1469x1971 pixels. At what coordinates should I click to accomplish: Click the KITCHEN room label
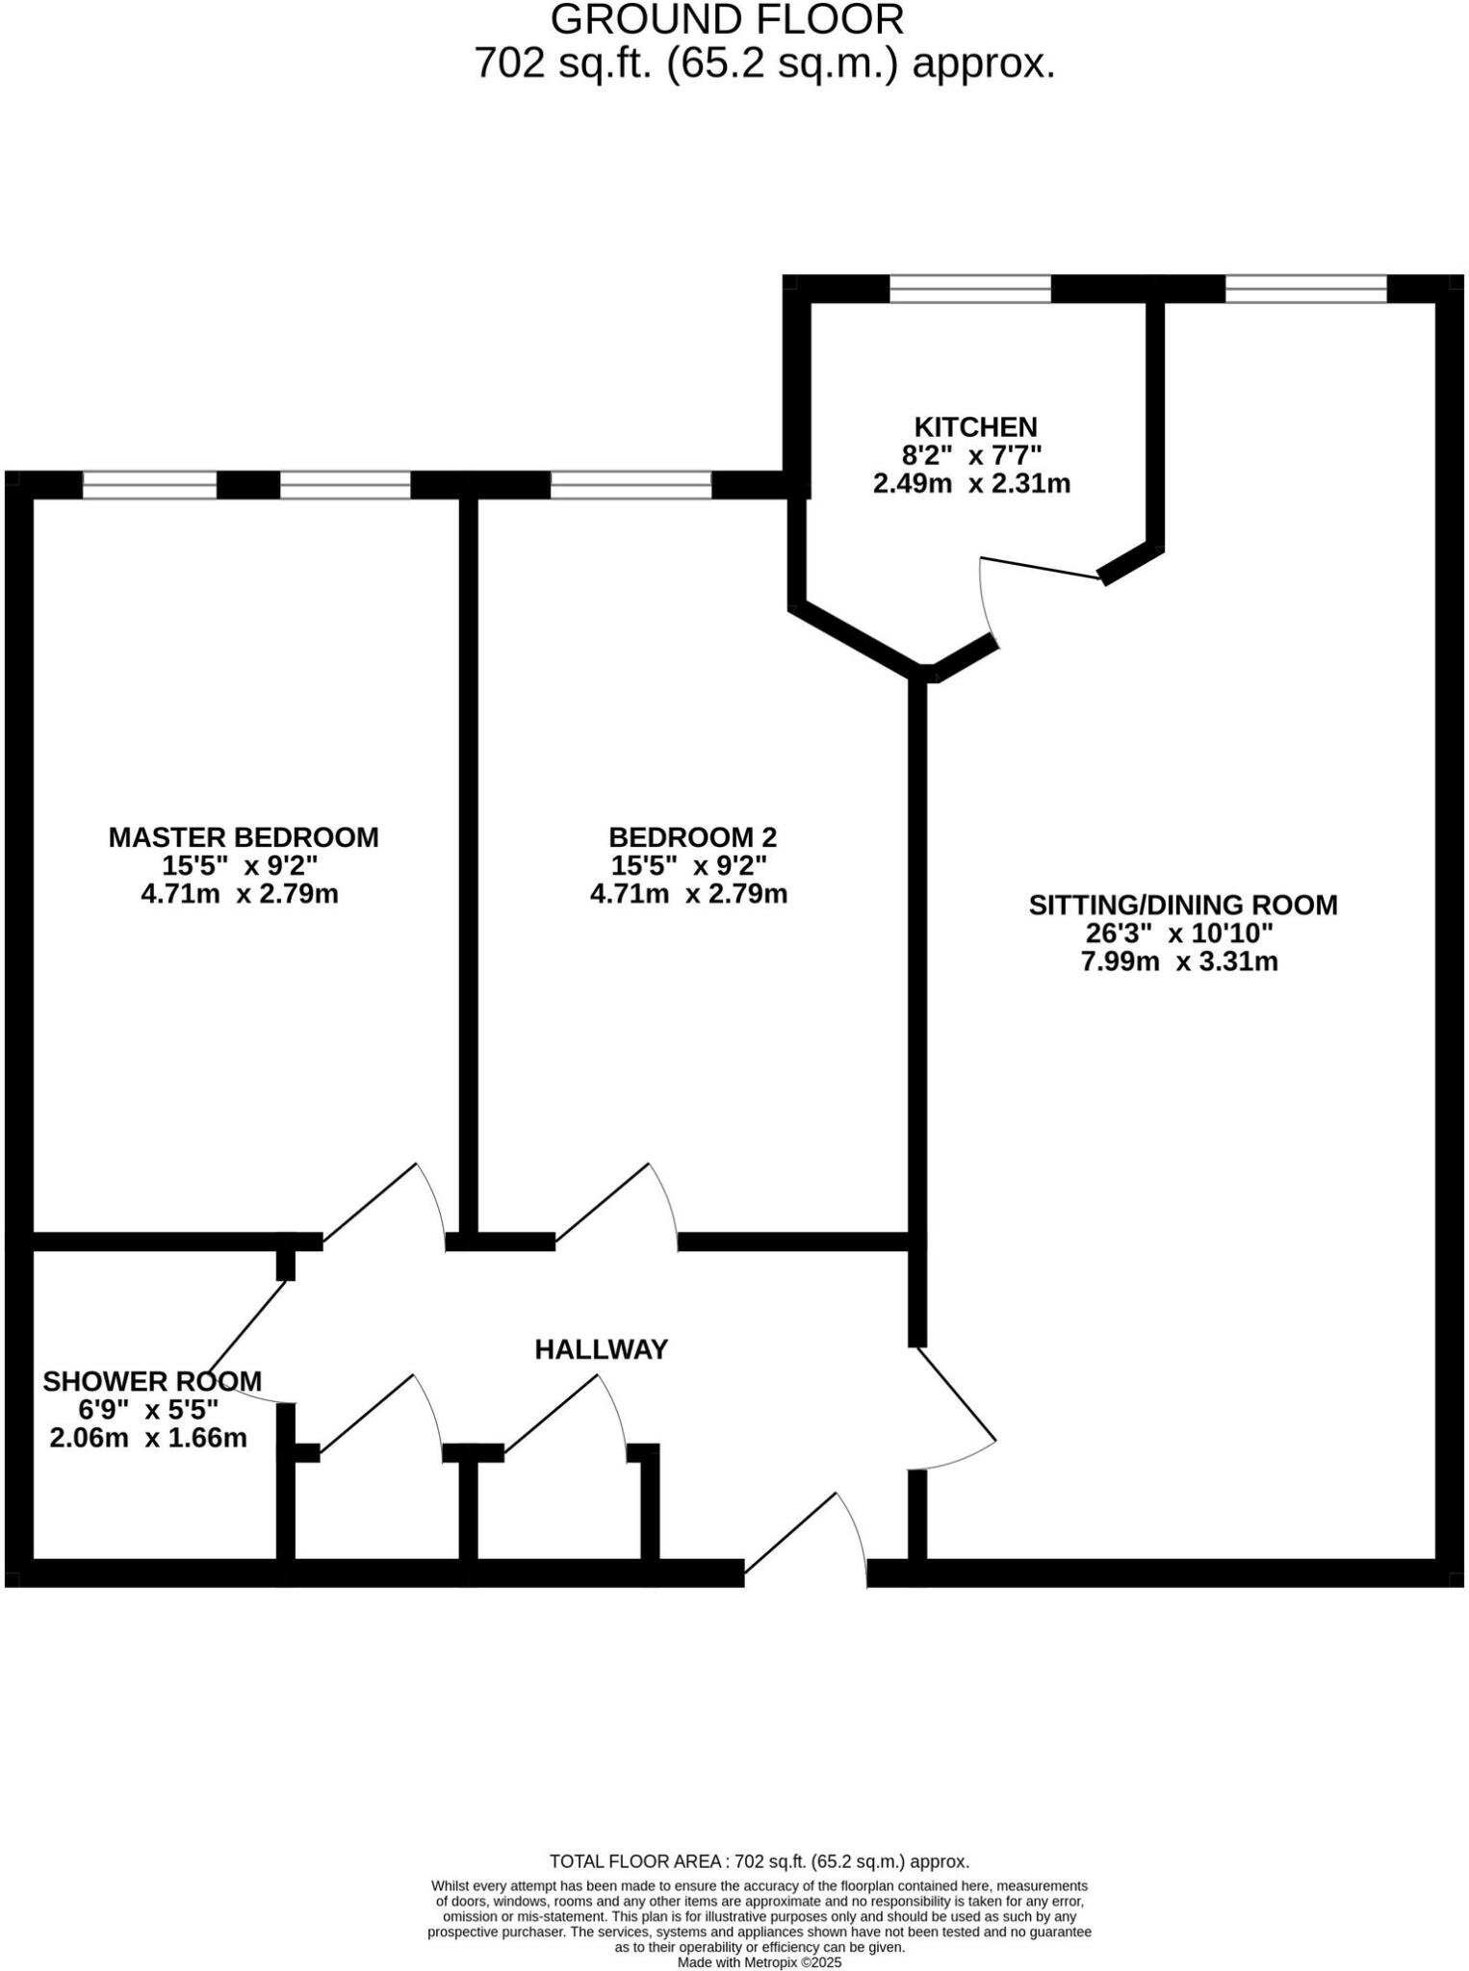coord(974,426)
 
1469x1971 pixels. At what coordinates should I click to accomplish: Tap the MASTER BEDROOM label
coord(243,837)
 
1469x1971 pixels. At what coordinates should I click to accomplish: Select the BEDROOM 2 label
coord(692,837)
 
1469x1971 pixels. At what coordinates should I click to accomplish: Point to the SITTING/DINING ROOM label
coord(1182,905)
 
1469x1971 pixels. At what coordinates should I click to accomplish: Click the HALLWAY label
coord(601,1349)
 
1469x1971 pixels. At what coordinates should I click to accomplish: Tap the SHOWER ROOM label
coord(152,1381)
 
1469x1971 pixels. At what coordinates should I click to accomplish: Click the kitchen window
coord(969,289)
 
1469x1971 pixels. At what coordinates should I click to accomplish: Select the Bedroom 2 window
coord(631,485)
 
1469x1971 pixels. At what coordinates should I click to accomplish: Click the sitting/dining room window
coord(1305,289)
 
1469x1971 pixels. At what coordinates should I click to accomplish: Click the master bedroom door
coord(370,1202)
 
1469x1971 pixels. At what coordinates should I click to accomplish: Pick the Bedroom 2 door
coord(603,1202)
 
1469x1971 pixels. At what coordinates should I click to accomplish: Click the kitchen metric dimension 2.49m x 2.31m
coord(971,483)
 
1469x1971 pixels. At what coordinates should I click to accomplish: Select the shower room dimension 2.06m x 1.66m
coord(148,1438)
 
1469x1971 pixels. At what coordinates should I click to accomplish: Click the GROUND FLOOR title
coord(727,19)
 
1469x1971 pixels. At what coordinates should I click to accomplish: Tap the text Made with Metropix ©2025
coord(760,1962)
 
